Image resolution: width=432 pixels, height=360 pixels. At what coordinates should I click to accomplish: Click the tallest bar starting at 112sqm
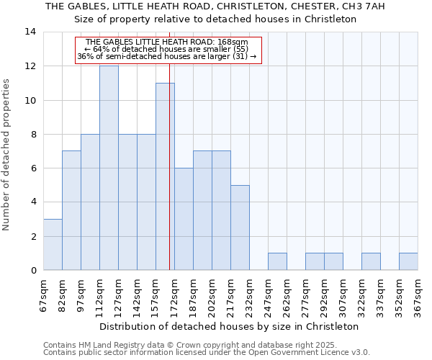click(x=109, y=168)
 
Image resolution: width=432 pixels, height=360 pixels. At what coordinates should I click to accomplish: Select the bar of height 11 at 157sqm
click(x=165, y=176)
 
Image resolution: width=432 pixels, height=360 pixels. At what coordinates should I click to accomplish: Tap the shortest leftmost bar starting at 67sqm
click(x=53, y=245)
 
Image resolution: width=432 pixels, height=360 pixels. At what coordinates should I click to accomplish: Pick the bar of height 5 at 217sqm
click(x=240, y=228)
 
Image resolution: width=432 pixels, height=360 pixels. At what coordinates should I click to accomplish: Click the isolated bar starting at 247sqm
click(x=277, y=261)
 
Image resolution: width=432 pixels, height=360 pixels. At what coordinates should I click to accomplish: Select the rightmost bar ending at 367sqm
click(x=408, y=261)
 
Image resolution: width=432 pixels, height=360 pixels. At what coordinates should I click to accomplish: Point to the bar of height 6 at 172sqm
click(x=184, y=219)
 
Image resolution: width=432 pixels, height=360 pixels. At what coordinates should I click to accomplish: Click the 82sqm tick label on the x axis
click(x=62, y=294)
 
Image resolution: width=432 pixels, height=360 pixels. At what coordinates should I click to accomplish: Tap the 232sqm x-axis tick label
click(x=249, y=294)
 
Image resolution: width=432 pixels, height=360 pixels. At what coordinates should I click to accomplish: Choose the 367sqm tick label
click(x=418, y=294)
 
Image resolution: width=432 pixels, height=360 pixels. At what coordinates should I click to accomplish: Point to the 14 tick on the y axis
click(x=30, y=32)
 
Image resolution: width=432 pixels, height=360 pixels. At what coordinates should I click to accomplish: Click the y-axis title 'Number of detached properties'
click(x=7, y=155)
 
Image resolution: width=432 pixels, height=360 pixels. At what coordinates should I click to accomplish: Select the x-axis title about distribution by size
click(x=229, y=326)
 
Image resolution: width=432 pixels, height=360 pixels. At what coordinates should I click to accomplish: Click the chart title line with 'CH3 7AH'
click(x=215, y=6)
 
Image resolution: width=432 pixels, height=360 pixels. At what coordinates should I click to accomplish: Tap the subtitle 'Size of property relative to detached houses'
click(x=215, y=19)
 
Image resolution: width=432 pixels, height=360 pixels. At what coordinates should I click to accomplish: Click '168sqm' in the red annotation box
click(x=235, y=42)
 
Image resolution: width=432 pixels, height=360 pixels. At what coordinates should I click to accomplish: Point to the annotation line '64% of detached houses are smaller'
click(x=166, y=49)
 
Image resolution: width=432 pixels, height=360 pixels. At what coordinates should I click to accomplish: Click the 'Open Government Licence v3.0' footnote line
click(x=207, y=353)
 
